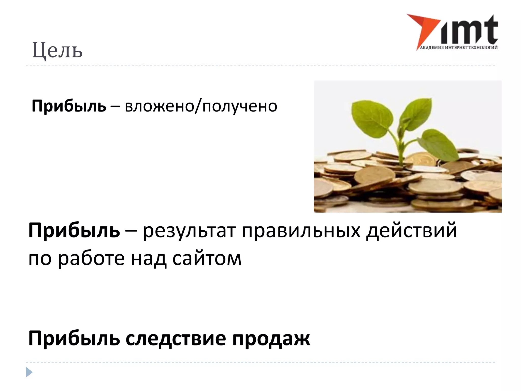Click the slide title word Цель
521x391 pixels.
pos(57,50)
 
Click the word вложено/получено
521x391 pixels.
pos(201,106)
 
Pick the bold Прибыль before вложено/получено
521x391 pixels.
pos(69,106)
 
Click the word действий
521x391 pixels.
pos(411,231)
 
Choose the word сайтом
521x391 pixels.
pos(207,258)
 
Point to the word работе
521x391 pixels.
pos(91,258)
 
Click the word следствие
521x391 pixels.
pos(176,339)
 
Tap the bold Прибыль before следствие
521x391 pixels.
pos(74,339)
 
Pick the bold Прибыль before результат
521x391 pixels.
pos(74,231)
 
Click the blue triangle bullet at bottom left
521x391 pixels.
pos(29,372)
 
